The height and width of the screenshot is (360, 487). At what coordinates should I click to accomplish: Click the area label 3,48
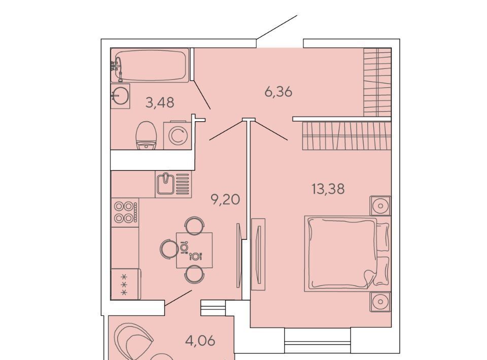[x=160, y=102]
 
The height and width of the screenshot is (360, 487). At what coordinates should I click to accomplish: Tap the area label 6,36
[x=279, y=92]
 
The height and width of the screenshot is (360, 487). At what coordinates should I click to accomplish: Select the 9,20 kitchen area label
[x=225, y=199]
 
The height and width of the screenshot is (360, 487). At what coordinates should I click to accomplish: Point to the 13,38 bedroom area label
[x=328, y=189]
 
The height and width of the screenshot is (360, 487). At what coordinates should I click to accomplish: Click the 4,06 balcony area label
[x=200, y=341]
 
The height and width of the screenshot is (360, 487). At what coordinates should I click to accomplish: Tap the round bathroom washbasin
[x=120, y=96]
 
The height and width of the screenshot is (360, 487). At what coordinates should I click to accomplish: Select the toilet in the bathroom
[x=146, y=135]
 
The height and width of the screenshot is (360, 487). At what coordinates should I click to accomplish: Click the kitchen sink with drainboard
[x=173, y=184]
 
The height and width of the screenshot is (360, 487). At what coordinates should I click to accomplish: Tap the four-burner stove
[x=125, y=212]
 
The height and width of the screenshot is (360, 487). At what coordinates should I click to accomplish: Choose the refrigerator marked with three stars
[x=126, y=284]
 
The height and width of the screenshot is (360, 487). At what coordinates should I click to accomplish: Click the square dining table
[x=194, y=250]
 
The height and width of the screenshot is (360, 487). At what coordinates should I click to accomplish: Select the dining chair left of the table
[x=168, y=249]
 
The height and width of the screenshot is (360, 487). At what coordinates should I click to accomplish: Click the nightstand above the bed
[x=380, y=205]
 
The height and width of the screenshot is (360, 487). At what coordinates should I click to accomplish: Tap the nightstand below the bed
[x=380, y=302]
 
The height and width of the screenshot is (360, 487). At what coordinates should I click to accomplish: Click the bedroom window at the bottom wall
[x=318, y=340]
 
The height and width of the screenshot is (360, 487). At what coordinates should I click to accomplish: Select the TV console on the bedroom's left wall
[x=258, y=254]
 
